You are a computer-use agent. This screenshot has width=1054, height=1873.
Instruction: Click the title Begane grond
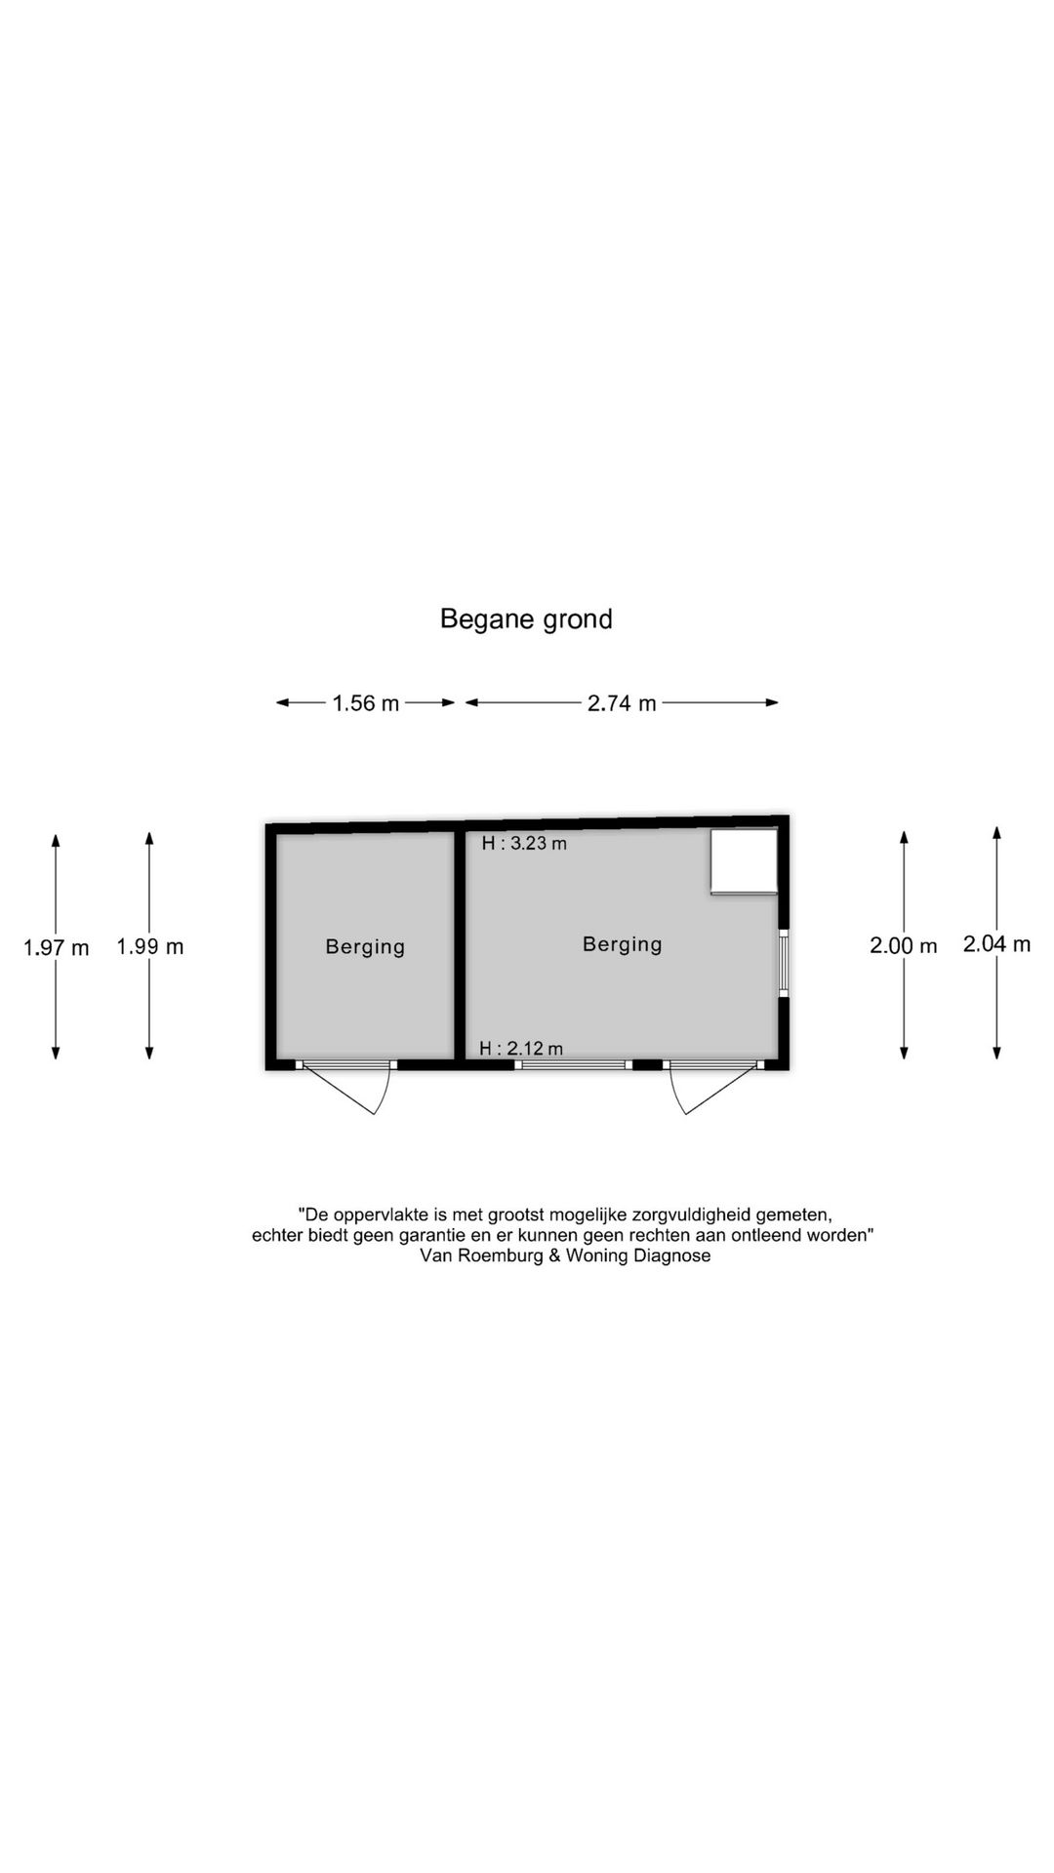(526, 619)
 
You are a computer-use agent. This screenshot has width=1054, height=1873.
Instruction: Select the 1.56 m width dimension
(366, 702)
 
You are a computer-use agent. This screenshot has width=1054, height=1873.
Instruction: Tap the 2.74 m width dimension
(622, 702)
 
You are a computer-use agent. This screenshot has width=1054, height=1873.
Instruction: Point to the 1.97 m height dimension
(57, 947)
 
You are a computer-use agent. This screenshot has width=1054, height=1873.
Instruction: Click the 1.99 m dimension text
(150, 946)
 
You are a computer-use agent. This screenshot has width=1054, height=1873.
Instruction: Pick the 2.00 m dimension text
(904, 945)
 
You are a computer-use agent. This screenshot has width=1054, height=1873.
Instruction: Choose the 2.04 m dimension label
(997, 943)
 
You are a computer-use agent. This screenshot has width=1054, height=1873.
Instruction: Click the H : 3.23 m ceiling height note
(524, 844)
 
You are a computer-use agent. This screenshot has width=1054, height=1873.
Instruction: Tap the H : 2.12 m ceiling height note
(521, 1049)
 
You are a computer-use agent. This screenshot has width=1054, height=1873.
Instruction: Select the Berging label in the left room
(365, 946)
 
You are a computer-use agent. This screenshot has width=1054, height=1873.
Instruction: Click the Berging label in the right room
(623, 944)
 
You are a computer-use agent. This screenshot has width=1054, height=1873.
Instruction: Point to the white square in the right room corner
(744, 861)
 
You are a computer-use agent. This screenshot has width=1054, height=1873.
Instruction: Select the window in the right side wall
(783, 963)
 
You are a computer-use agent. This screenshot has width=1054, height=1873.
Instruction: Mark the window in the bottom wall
(574, 1064)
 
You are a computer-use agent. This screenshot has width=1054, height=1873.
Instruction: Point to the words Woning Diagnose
(638, 1256)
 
